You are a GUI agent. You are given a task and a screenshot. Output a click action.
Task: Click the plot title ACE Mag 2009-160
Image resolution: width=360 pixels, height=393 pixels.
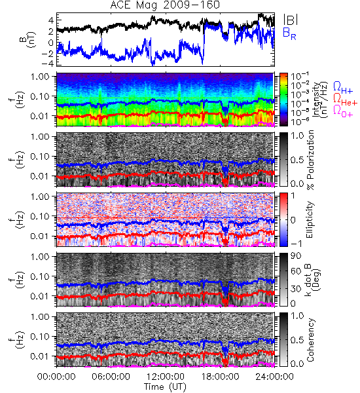[x=165, y=5]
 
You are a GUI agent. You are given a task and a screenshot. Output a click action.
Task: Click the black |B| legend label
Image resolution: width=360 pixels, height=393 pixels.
[x=291, y=20]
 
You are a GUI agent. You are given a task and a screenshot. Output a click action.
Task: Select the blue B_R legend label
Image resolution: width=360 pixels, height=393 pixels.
[x=289, y=34]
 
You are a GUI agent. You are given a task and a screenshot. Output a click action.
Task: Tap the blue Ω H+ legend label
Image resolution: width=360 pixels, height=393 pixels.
[x=343, y=88]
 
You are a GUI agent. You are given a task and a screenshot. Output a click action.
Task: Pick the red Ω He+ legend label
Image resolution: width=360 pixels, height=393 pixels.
[x=345, y=100]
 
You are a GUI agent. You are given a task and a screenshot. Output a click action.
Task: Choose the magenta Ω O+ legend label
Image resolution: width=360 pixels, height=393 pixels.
[x=343, y=111]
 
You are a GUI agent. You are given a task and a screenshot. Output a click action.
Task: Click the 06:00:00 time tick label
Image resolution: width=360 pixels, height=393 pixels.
[x=111, y=377]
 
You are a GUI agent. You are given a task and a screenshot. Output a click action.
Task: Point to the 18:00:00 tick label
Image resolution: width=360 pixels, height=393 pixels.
[x=220, y=377]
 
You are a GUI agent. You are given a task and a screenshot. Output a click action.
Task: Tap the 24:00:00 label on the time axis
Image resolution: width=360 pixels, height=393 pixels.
[x=274, y=377]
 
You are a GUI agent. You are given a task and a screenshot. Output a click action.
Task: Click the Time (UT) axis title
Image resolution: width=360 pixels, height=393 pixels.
[x=165, y=386]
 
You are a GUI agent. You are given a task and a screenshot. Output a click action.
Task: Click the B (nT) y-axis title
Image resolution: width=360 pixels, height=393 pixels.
[x=28, y=39]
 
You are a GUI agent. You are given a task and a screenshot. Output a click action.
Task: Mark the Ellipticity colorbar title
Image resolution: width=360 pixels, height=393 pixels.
[x=310, y=219]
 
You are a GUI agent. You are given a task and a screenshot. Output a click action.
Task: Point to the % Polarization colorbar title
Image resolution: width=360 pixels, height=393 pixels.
[x=310, y=160]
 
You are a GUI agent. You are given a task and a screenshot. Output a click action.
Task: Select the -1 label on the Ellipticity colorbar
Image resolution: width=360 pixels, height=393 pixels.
[x=296, y=244]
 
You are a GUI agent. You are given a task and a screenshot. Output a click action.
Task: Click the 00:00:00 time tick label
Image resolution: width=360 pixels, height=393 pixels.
[x=56, y=377]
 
